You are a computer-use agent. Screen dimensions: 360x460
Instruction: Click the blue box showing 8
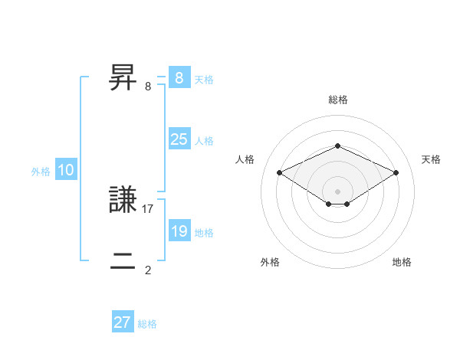point(179,77)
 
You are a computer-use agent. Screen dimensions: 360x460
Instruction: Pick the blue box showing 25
point(179,139)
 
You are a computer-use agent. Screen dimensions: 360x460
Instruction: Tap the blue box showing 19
point(179,231)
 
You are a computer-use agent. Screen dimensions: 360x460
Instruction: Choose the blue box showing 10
point(66,170)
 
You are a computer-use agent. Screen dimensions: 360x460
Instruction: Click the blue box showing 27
point(123,322)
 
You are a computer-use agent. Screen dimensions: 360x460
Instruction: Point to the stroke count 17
point(149,208)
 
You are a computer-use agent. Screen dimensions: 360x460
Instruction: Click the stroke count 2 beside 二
point(148,270)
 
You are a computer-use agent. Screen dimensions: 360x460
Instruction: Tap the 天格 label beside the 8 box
point(204,79)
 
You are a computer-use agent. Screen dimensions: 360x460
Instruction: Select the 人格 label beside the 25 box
point(204,141)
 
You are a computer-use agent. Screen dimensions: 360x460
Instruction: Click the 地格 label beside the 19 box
point(204,233)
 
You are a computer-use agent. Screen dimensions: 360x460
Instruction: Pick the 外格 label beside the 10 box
point(41,172)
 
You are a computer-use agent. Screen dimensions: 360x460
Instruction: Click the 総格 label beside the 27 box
point(147,324)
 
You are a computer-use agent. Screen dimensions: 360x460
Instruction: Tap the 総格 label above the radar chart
point(337,100)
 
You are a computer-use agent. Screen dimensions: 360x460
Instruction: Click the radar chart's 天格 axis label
point(431,159)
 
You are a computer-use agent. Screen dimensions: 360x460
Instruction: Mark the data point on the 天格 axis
point(396,173)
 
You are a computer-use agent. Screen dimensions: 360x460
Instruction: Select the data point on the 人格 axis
point(279,173)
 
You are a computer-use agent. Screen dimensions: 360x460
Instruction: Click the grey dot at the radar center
point(337,190)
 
